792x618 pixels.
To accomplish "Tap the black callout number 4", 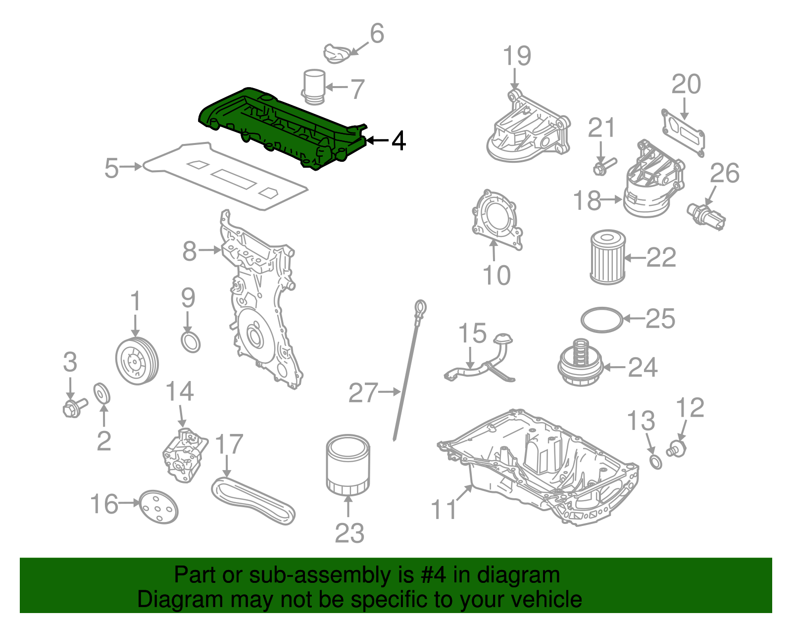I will [398, 141].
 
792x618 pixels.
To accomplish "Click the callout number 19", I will [517, 56].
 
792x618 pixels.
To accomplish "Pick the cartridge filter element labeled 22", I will [607, 257].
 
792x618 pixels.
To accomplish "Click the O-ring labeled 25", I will [601, 320].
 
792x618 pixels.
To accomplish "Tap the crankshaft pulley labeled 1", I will [137, 361].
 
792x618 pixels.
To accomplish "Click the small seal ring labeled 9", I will [191, 342].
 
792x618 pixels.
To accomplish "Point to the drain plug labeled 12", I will [677, 449].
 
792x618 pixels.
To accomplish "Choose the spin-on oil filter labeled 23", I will [347, 465].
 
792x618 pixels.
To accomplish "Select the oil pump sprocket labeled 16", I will [157, 507].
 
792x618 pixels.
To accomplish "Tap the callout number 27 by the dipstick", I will [363, 393].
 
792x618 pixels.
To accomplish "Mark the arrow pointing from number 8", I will [210, 250].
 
